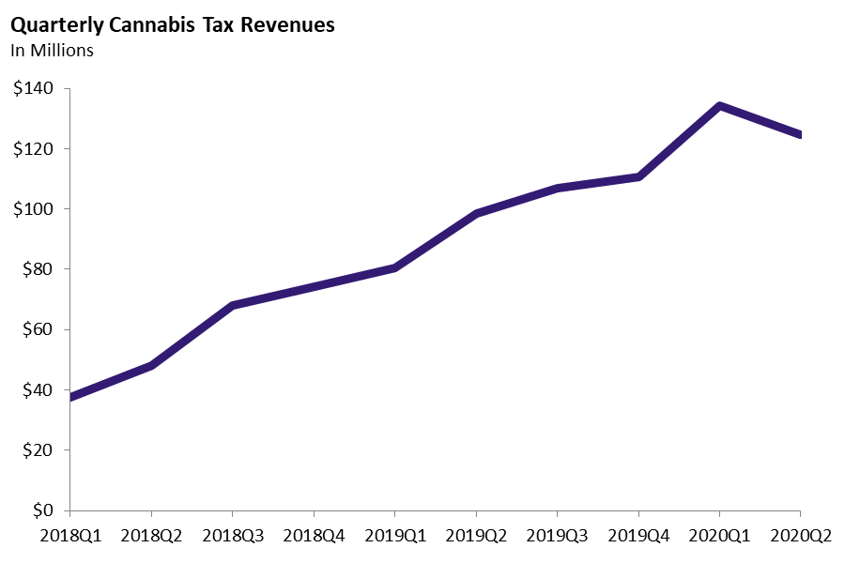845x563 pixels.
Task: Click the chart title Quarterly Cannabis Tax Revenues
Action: click(172, 25)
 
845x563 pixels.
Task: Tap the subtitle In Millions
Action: click(53, 51)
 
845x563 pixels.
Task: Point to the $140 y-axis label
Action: click(33, 89)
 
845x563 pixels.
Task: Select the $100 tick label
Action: click(33, 209)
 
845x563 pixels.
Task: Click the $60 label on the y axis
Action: click(37, 330)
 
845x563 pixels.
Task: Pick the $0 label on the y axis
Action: click(43, 511)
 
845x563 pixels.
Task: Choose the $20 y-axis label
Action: click(37, 450)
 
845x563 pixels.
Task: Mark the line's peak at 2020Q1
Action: click(719, 106)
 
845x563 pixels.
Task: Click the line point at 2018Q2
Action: click(151, 365)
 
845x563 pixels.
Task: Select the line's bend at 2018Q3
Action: click(232, 306)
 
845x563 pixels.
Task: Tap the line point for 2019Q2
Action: click(476, 214)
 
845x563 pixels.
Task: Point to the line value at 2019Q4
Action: click(638, 176)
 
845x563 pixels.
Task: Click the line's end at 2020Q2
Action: click(800, 135)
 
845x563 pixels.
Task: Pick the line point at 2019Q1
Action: click(394, 268)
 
